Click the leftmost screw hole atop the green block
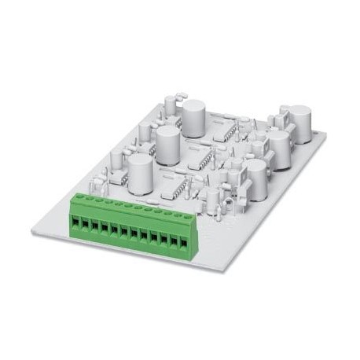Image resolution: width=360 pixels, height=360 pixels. pos(78,197)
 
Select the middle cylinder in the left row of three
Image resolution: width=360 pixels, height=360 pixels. pos(167,142)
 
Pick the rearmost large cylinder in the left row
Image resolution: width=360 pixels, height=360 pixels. pos(193,116)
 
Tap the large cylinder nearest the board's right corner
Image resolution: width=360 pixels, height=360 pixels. pos(300,124)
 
